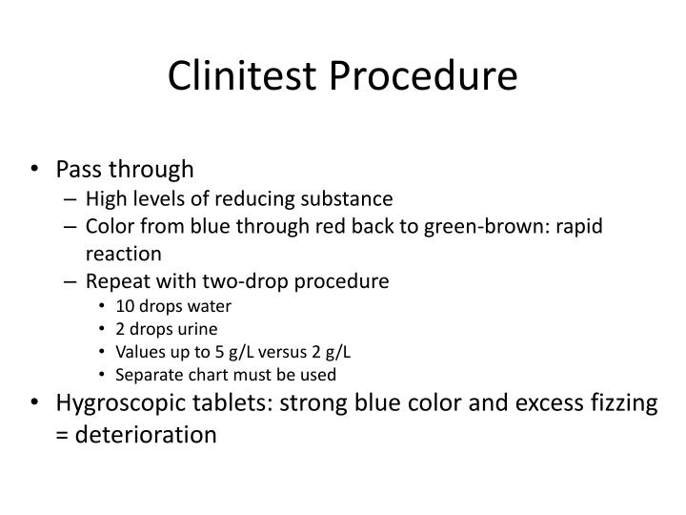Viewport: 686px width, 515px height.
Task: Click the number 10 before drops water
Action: coord(125,307)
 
